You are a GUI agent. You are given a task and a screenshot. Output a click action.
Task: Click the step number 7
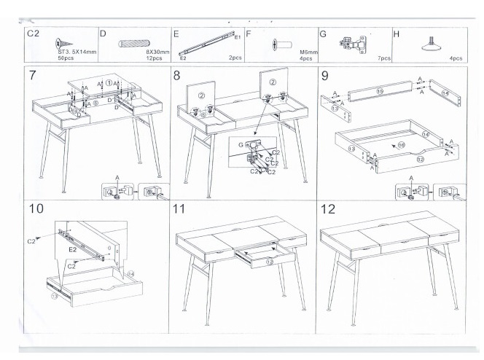coord(33,77)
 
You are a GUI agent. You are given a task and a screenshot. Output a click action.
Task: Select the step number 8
coord(178,77)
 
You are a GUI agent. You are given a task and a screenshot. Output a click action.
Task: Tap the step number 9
coord(324,77)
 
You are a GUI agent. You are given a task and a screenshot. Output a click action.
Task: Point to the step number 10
coord(36,210)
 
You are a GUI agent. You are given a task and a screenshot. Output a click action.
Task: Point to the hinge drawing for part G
coord(350,44)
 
